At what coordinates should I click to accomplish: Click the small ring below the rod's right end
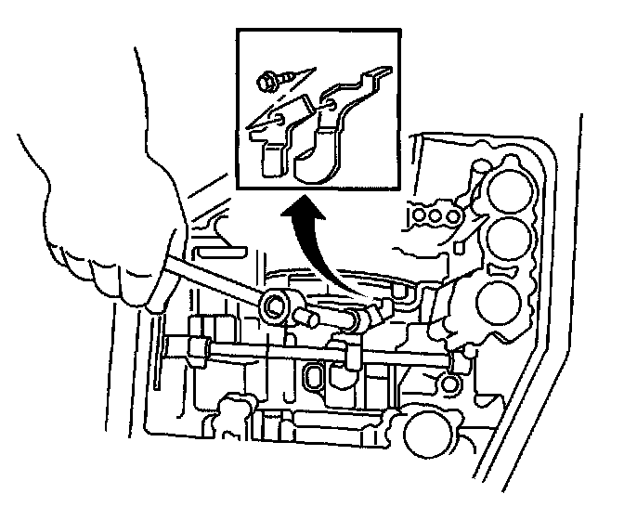(x=450, y=383)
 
